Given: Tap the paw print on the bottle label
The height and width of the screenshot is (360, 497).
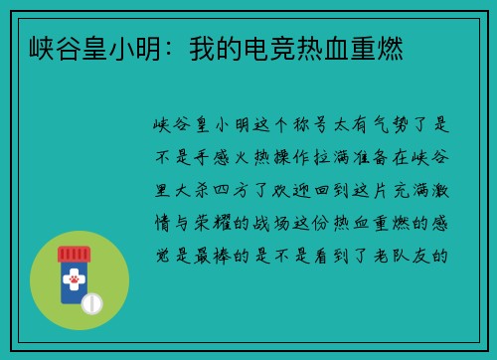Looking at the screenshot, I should click(73, 282).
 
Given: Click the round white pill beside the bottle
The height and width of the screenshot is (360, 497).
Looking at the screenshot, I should click(92, 301).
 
